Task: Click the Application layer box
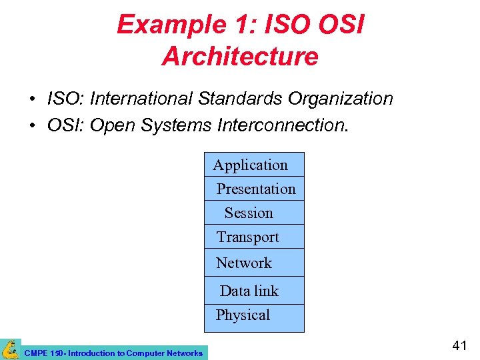[x=253, y=165]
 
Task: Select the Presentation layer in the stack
[x=254, y=189]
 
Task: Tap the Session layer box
[x=253, y=213]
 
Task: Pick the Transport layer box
[x=253, y=237]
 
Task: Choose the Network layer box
[x=253, y=263]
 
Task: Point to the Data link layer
[x=253, y=291]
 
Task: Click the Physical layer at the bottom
[x=253, y=315]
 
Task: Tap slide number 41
[x=459, y=345]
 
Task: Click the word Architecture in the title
[x=240, y=57]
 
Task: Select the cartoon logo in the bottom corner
[x=10, y=349]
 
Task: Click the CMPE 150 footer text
[x=113, y=353]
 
